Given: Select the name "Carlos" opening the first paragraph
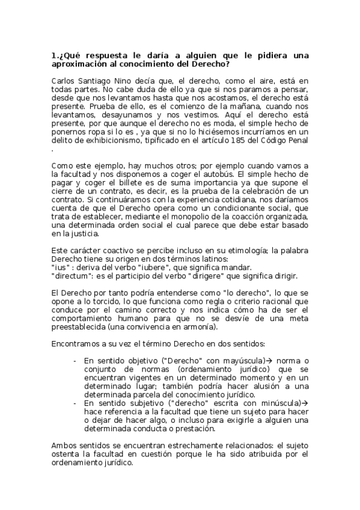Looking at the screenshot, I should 64,80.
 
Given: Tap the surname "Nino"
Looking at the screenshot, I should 126,80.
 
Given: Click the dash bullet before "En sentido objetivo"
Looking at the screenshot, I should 74,360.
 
